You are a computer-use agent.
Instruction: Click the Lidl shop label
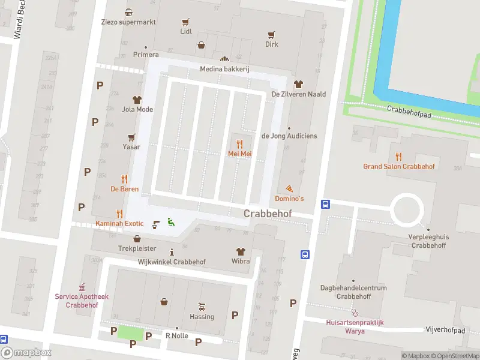point(186,31)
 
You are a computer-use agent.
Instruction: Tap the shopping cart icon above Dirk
point(272,34)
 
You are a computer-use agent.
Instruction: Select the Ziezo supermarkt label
point(129,22)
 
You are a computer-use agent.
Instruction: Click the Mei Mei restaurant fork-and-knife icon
point(239,144)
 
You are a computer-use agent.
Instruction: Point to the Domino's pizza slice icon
point(289,188)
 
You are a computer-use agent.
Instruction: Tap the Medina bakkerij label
point(224,69)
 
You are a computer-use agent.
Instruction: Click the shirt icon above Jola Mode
point(137,100)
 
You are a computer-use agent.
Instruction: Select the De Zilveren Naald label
point(298,94)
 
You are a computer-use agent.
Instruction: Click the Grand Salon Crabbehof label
point(398,166)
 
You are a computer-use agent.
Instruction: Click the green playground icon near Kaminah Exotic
point(170,222)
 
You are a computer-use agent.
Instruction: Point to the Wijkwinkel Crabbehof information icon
point(172,252)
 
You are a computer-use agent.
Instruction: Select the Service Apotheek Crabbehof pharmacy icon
point(83,287)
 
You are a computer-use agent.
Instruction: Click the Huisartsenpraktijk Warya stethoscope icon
point(355,312)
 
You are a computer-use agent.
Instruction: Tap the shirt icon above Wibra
point(241,252)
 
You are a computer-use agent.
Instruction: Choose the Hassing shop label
point(202,317)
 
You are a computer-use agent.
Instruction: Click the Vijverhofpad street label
point(445,330)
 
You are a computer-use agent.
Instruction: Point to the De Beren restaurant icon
point(125,179)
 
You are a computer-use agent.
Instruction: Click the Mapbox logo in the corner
point(26,353)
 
